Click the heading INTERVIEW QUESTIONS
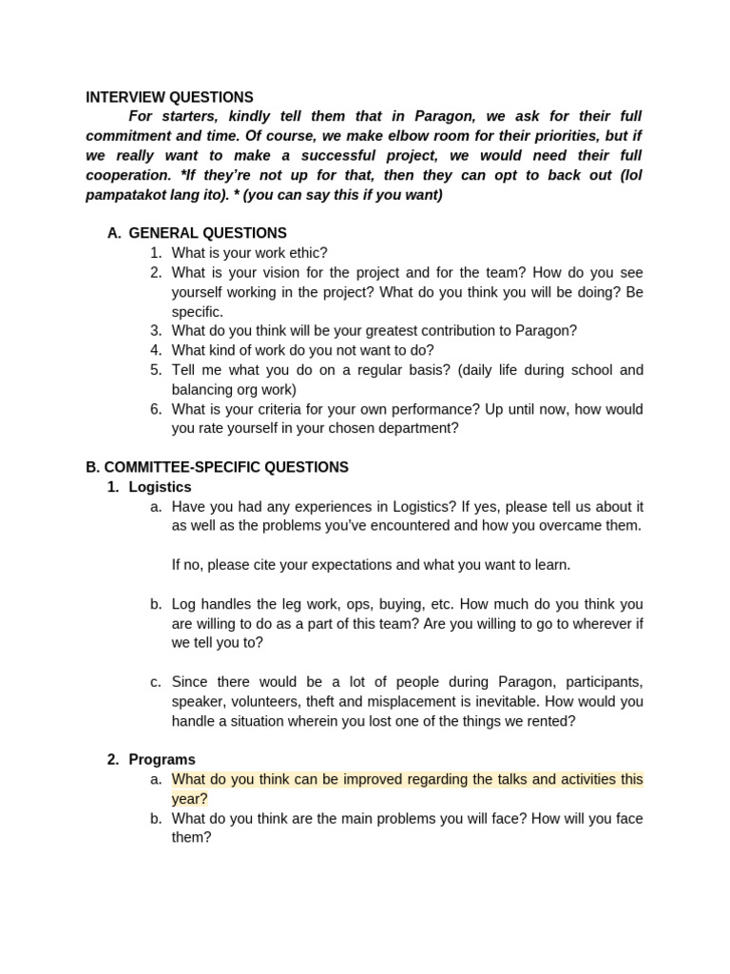(x=169, y=97)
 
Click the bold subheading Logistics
(x=160, y=487)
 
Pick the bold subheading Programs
(x=162, y=759)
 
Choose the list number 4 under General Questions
(x=156, y=350)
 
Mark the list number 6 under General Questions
(x=156, y=409)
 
